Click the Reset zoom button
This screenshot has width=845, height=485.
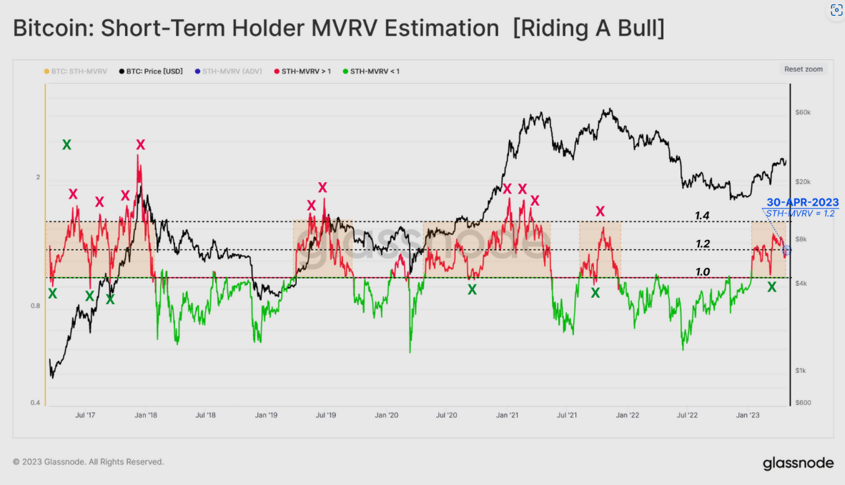pos(804,69)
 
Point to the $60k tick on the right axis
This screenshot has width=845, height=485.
pos(804,113)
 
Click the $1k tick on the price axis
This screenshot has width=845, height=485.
pos(802,371)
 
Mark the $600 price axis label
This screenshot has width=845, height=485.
pos(803,403)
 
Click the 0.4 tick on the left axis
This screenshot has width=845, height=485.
pos(34,403)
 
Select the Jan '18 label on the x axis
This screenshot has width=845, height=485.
pos(146,414)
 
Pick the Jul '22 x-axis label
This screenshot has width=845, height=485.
pos(688,414)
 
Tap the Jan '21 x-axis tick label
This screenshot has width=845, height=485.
pos(507,414)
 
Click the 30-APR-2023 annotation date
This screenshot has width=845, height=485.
pos(803,203)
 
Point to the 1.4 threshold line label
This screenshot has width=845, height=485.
pos(703,215)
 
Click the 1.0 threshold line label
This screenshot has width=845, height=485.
pos(703,271)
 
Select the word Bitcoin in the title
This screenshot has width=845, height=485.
pos(51,29)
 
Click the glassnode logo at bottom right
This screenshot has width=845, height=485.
pos(798,463)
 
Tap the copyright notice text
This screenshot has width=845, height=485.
pos(89,462)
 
